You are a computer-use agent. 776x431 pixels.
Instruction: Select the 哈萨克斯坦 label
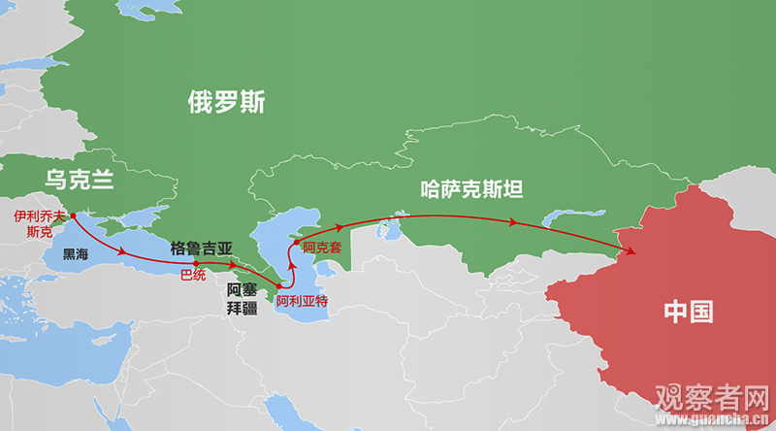pos(470,187)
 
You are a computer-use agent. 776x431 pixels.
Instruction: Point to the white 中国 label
pos(688,312)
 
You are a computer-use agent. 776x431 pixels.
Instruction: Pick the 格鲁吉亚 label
pos(202,248)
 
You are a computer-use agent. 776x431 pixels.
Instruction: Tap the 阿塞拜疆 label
pos(242,298)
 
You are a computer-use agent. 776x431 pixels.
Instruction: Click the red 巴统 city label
pos(193,276)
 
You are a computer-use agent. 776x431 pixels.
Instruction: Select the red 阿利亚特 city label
pos(302,301)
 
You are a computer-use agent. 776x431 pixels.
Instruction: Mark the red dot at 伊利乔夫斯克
pos(74,215)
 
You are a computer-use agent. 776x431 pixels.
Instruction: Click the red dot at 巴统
pos(196,263)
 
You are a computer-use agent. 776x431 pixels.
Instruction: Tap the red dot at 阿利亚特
pos(279,286)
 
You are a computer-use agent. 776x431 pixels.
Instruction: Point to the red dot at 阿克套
pos(298,242)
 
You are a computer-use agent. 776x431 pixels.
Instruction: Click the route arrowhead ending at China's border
pos(633,253)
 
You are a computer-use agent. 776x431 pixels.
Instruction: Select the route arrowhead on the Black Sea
pos(123,253)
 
